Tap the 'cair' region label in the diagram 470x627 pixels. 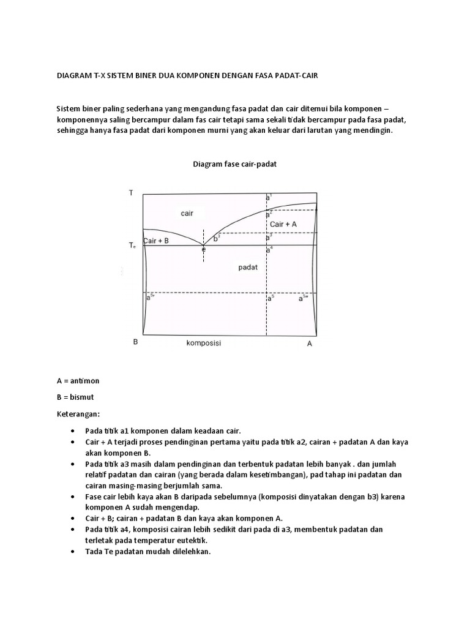(187, 214)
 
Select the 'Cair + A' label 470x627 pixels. (283, 224)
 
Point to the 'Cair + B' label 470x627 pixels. (155, 241)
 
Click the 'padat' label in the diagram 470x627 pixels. (248, 268)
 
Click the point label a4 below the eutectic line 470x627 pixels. (269, 249)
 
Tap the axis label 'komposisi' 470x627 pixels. (204, 344)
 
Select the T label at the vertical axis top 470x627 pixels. (130, 193)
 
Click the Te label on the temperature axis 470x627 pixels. (132, 246)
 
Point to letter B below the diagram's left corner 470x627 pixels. (135, 342)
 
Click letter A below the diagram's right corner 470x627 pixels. (310, 344)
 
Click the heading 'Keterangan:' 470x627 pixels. (78, 413)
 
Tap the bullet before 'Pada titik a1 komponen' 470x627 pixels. (73, 430)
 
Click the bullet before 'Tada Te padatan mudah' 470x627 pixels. (73, 552)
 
